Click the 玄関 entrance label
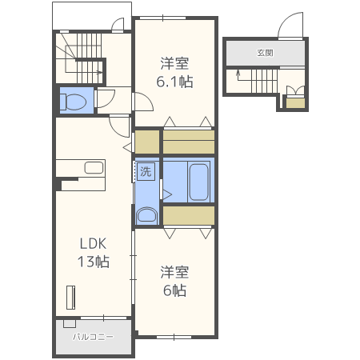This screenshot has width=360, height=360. (265, 53)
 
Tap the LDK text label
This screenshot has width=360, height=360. (93, 243)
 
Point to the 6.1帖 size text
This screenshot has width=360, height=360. (174, 82)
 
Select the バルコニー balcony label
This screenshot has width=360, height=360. (93, 337)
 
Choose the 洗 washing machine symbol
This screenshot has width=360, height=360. (146, 172)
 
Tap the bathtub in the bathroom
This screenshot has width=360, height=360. (198, 182)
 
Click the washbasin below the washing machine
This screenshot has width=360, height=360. (146, 215)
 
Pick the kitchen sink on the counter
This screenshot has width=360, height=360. (94, 168)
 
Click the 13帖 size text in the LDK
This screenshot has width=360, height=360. (94, 262)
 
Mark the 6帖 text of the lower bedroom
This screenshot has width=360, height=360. (174, 290)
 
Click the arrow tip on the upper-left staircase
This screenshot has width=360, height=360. (102, 72)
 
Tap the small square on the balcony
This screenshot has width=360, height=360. (70, 324)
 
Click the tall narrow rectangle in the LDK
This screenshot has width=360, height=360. (70, 298)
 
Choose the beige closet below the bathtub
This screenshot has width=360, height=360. (189, 215)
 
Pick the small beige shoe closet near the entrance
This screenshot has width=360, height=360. (295, 103)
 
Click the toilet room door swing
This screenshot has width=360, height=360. (106, 98)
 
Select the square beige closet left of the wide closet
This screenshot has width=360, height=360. (147, 142)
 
